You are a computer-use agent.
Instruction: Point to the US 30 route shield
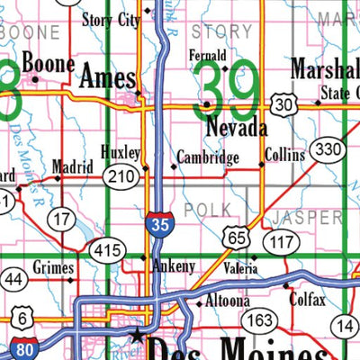point(285,105)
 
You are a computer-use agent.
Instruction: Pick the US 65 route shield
point(237,238)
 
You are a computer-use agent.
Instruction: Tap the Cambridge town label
point(208,158)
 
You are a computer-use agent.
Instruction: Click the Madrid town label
point(72,166)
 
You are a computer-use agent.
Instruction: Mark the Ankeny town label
point(172,266)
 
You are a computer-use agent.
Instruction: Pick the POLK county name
point(201,210)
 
